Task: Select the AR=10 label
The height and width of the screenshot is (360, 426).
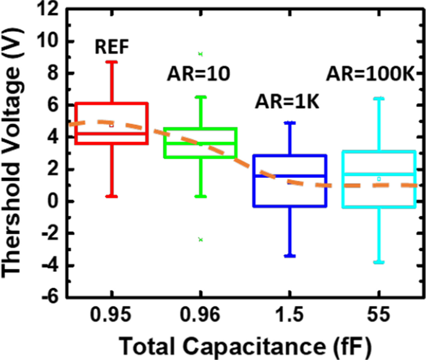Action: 200,75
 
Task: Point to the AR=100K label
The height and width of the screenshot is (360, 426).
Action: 371,75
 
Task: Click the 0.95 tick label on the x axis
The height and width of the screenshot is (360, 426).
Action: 113,315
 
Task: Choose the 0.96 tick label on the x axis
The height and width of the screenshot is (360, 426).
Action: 200,315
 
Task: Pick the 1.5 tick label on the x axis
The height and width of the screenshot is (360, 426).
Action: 290,315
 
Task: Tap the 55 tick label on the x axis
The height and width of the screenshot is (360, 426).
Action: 379,315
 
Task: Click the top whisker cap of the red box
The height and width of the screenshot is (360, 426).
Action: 113,62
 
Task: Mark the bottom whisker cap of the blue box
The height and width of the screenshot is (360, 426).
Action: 290,256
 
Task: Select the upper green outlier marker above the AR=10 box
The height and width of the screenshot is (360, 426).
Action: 200,54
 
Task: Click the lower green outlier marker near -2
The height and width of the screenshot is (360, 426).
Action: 200,239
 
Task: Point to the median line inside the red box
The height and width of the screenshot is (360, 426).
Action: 113,133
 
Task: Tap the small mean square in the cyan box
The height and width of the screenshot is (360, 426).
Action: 379,179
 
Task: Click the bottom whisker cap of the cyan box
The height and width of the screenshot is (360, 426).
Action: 379,262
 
